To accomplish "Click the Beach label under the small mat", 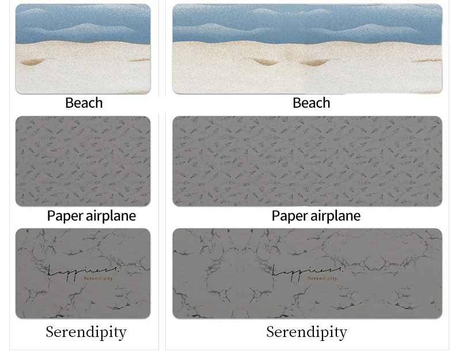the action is (x=84, y=103).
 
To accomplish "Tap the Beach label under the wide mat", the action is (x=311, y=103).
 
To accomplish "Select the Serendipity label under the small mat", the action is (x=86, y=332).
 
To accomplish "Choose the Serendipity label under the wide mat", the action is (x=306, y=332).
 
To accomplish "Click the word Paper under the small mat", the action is (x=65, y=216).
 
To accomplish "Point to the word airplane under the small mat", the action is (x=110, y=216).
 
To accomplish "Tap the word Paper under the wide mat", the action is (x=290, y=216).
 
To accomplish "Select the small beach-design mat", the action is (x=83, y=49).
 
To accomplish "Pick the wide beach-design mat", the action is (x=308, y=49).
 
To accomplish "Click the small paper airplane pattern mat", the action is (x=83, y=161).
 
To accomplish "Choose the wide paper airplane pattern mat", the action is (x=308, y=161).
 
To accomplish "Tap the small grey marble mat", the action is (x=83, y=300).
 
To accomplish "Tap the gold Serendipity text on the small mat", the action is (x=98, y=279).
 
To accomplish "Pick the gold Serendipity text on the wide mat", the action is (x=323, y=279).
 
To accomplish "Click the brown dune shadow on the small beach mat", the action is (x=35, y=61).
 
